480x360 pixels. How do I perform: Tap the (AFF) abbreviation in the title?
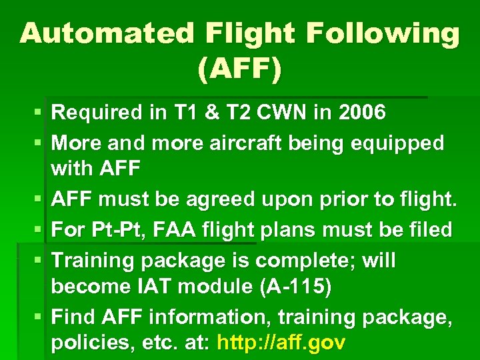tap(239, 69)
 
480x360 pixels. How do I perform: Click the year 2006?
tap(362, 113)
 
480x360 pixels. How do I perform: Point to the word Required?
tap(97, 113)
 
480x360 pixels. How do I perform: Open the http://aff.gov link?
tap(280, 343)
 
